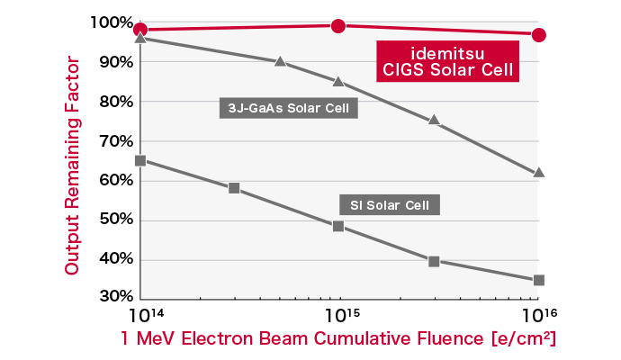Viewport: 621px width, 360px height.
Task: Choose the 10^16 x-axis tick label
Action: click(x=538, y=316)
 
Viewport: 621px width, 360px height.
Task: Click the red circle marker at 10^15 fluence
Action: click(x=338, y=26)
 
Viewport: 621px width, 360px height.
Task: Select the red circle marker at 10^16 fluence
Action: click(x=539, y=35)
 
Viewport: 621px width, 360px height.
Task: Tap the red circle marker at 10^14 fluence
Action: click(x=139, y=30)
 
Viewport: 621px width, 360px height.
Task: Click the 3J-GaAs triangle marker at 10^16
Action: click(x=539, y=172)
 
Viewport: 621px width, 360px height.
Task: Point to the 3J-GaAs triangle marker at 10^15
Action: click(x=338, y=81)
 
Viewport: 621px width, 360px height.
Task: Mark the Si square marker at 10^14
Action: click(x=139, y=161)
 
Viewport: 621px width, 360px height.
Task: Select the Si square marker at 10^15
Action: click(x=338, y=226)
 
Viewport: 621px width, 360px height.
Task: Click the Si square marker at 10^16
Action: click(x=539, y=280)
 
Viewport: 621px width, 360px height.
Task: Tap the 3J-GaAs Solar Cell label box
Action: click(x=289, y=109)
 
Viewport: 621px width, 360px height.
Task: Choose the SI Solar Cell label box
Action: click(x=389, y=204)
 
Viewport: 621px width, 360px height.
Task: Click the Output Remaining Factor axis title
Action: click(x=73, y=166)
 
